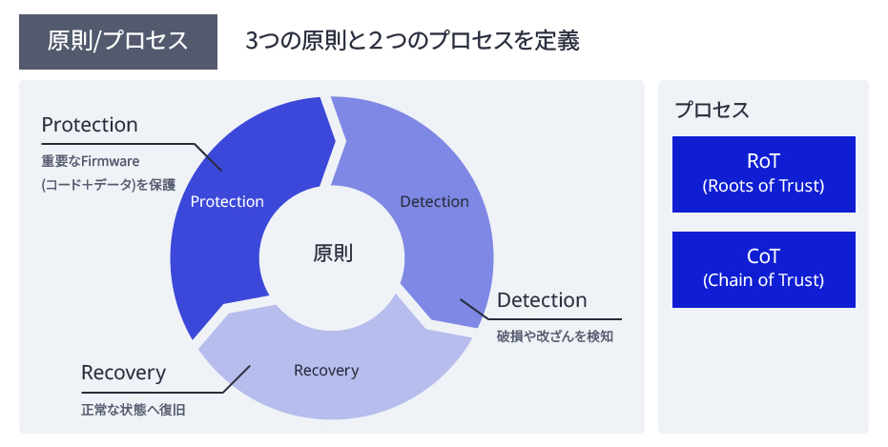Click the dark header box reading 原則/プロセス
[x=118, y=42]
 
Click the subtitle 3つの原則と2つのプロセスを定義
[x=412, y=41]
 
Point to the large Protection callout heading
[x=90, y=125]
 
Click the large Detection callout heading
[x=542, y=300]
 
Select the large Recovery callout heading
[x=124, y=372]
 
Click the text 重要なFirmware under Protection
[x=91, y=161]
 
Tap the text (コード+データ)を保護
[x=109, y=185]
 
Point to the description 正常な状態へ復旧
[x=134, y=411]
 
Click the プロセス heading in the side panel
[x=712, y=110]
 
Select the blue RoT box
[x=764, y=173]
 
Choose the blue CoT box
[x=764, y=269]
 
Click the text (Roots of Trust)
[x=764, y=186]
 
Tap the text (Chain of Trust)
[x=764, y=280]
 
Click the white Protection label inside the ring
[x=227, y=201]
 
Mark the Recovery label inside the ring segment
[x=326, y=370]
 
